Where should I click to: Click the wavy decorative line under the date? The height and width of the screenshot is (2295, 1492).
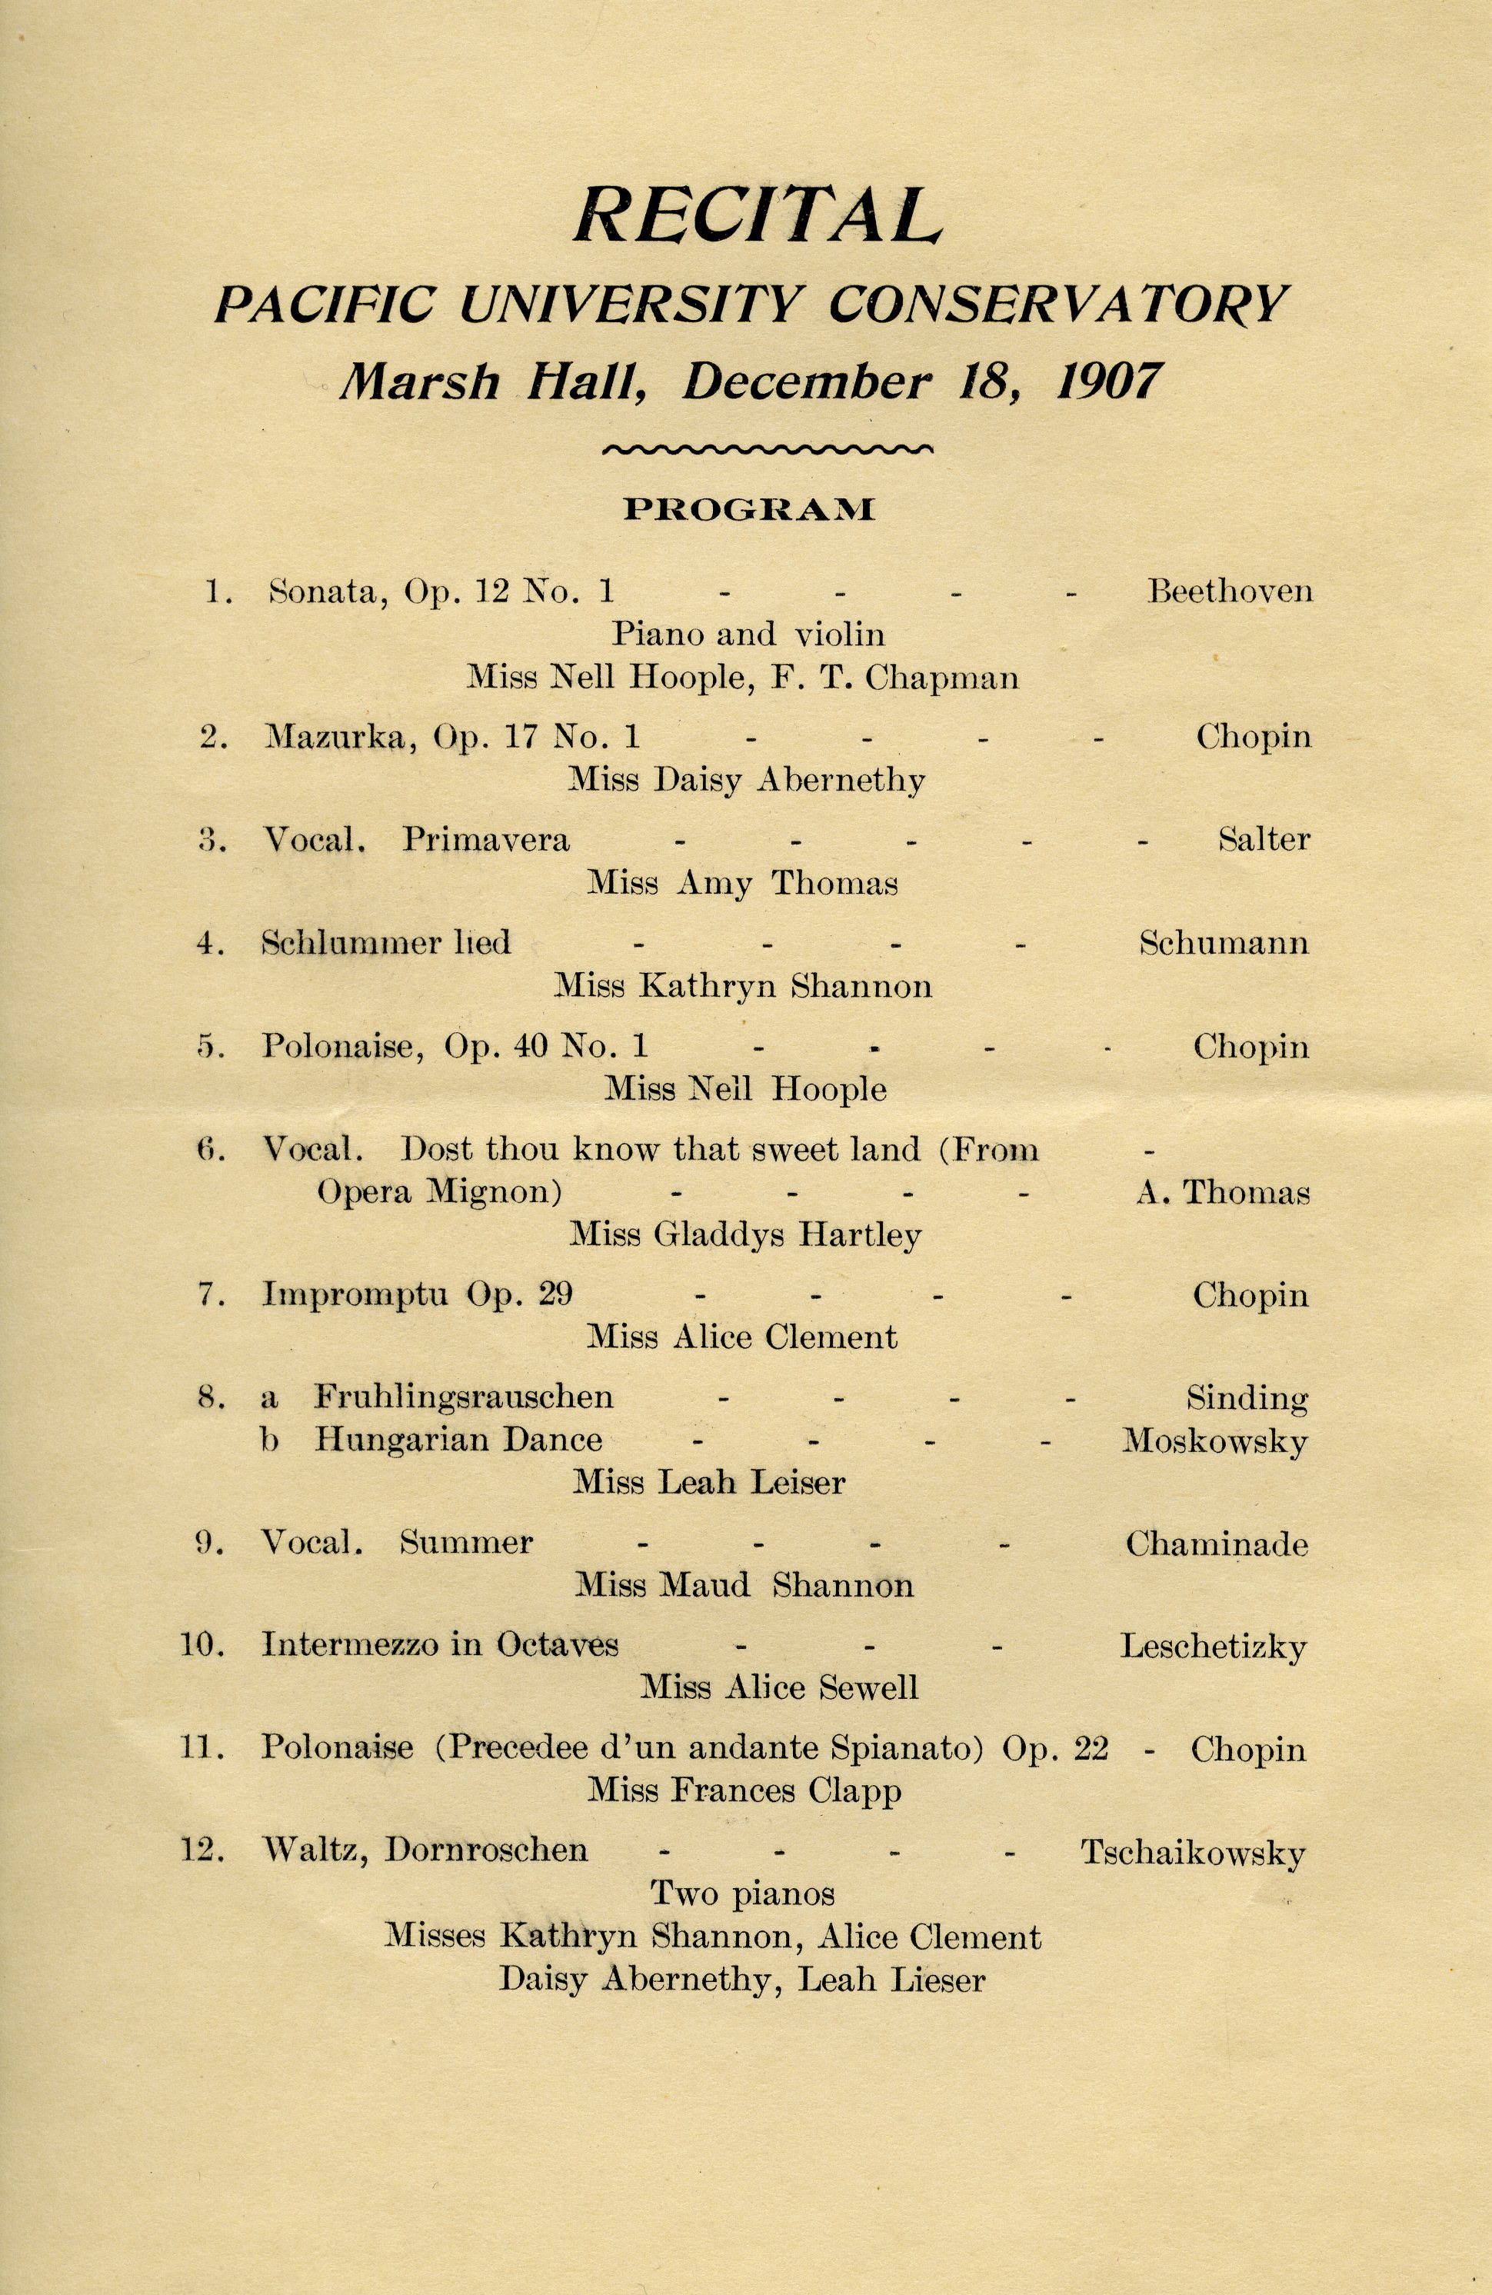pos(767,448)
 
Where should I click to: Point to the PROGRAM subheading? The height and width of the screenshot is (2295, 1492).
pos(748,509)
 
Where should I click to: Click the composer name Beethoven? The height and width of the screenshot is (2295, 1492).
pos(1230,590)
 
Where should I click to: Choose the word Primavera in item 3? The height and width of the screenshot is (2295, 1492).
pos(485,840)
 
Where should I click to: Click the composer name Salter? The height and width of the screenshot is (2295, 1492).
pos(1264,839)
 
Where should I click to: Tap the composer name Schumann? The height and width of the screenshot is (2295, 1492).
pos(1224,942)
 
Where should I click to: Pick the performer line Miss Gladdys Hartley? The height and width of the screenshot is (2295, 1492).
pos(744,1235)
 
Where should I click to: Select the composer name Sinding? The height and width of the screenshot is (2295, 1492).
pos(1247,1397)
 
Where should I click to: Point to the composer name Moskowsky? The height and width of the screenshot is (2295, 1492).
pos(1214,1441)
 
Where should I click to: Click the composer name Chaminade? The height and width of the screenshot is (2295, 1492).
pos(1216,1544)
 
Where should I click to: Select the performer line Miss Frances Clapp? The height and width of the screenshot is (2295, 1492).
pos(744,1790)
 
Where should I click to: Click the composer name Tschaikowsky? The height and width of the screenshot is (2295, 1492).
pos(1193,1853)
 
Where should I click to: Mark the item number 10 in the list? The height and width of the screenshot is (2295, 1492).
pos(202,1645)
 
